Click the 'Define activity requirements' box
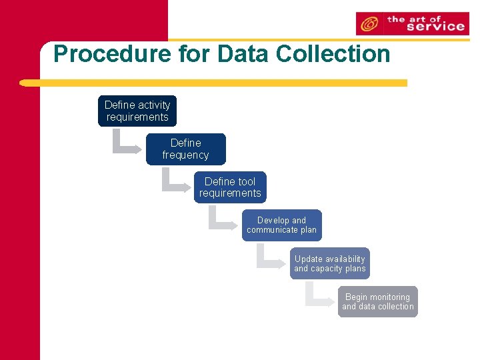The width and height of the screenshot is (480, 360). [x=137, y=111]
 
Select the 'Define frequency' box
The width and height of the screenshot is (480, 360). [x=185, y=149]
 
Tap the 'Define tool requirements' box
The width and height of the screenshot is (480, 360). [x=230, y=187]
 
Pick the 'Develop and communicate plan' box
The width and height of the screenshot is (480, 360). [x=281, y=225]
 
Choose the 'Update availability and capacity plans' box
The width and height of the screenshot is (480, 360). [x=329, y=264]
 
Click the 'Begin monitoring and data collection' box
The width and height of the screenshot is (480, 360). [x=377, y=302]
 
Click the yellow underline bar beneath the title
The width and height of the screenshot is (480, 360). [x=213, y=83]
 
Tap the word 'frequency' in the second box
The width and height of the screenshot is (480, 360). [x=185, y=155]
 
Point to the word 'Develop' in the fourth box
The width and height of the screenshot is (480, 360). [x=273, y=221]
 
